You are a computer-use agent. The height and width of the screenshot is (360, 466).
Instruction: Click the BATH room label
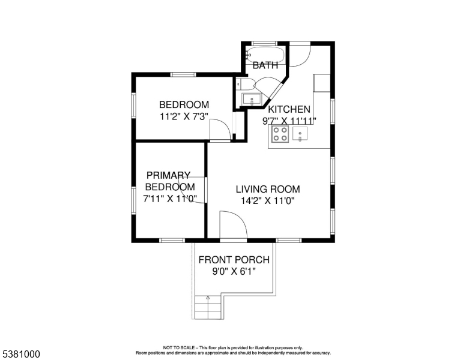click(265, 65)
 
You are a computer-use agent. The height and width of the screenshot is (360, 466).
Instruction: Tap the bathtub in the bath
click(265, 55)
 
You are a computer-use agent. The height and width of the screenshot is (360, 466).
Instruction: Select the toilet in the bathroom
click(245, 84)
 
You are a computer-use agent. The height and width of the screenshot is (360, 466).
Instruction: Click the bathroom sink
click(252, 99)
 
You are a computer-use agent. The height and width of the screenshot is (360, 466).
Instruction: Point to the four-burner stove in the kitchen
click(280, 134)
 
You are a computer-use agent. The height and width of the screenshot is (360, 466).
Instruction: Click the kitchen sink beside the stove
click(300, 134)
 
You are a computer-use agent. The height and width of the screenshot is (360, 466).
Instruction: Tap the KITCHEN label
click(289, 109)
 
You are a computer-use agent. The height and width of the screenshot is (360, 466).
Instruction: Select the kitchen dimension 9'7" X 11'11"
click(289, 121)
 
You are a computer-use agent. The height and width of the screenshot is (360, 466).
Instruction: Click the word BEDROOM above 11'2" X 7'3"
click(184, 104)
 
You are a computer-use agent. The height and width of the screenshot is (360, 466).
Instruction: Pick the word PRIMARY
click(168, 175)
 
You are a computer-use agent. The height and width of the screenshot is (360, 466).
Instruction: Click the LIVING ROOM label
click(268, 189)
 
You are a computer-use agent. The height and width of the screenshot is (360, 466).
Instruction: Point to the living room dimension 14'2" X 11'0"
click(267, 201)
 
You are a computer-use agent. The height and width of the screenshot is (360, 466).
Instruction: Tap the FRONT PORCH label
click(234, 260)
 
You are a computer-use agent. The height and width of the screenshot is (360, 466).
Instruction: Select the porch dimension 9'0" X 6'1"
click(234, 271)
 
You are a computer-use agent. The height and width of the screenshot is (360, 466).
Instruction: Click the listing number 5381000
click(21, 354)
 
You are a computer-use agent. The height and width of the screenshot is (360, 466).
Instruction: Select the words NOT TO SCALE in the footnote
click(178, 347)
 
